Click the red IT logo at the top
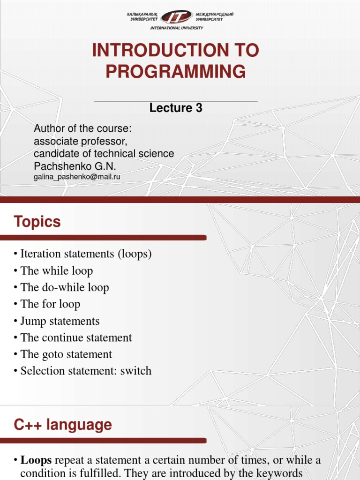(x=176, y=17)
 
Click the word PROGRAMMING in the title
(x=175, y=72)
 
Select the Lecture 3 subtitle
(x=176, y=108)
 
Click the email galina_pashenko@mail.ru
(x=77, y=177)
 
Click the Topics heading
(x=37, y=222)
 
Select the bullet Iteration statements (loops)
(x=86, y=254)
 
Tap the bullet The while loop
(x=56, y=271)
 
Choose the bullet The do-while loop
(x=65, y=287)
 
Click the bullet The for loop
(x=50, y=304)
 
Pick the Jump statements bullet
(x=60, y=321)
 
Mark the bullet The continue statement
(x=76, y=337)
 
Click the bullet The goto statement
(x=66, y=354)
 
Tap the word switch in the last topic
(x=136, y=371)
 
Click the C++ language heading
(x=63, y=425)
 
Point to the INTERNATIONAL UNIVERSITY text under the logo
(x=176, y=28)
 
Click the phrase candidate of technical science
(x=104, y=154)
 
